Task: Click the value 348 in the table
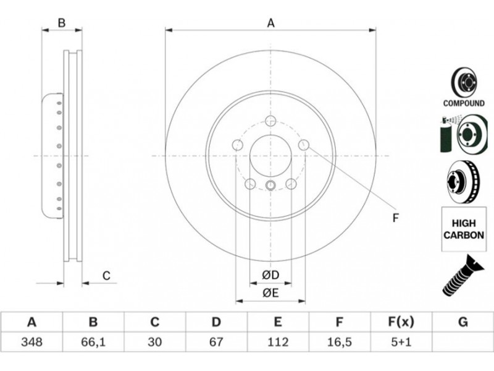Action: (31, 342)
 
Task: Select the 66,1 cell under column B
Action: (93, 342)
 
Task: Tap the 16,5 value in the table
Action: (339, 342)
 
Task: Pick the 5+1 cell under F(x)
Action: (401, 342)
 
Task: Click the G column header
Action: (463, 322)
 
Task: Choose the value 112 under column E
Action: (277, 342)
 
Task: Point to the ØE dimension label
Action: (270, 293)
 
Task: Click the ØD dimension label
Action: (270, 275)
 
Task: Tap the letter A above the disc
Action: (270, 23)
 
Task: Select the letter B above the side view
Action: (62, 23)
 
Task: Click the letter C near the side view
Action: (106, 276)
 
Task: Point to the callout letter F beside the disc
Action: (396, 218)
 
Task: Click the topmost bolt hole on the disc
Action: (270, 121)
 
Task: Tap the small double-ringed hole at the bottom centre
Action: (270, 185)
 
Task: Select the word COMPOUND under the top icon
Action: (464, 103)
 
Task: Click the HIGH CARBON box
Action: (464, 229)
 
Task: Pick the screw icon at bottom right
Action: (463, 275)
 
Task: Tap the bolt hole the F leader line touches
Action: (304, 145)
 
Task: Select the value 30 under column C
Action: (154, 342)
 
